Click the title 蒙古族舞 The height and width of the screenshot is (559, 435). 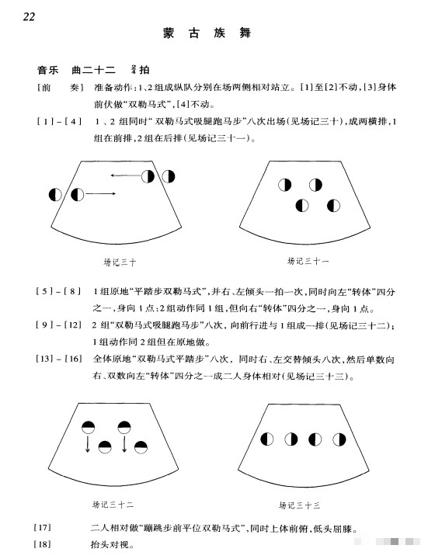click(x=208, y=34)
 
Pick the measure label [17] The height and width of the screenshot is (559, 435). click(x=43, y=528)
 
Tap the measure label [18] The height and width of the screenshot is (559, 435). click(x=43, y=543)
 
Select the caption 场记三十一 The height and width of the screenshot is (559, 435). click(x=306, y=260)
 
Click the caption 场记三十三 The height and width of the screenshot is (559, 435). click(x=305, y=504)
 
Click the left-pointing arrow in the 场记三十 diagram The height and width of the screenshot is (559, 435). click(x=124, y=175)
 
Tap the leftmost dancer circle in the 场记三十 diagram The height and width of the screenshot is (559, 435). click(x=55, y=194)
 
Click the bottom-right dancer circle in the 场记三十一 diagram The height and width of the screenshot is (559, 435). click(x=333, y=206)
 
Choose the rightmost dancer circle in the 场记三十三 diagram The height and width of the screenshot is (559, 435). click(x=335, y=439)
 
